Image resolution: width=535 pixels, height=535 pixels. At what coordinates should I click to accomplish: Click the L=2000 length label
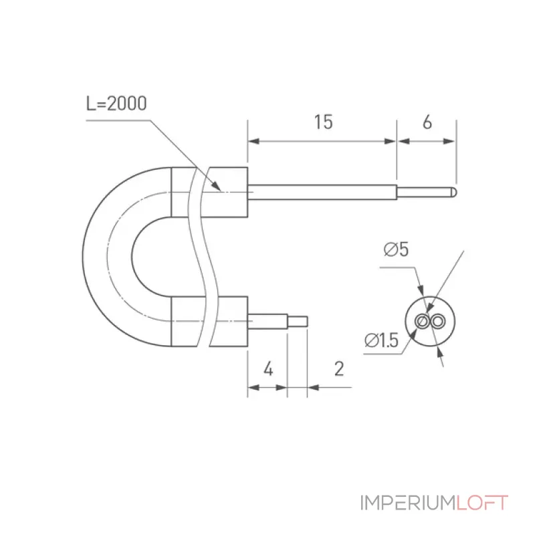pyautogui.click(x=116, y=104)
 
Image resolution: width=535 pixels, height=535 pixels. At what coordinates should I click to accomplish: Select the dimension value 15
pyautogui.click(x=323, y=122)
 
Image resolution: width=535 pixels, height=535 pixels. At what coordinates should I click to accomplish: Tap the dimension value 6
pyautogui.click(x=427, y=122)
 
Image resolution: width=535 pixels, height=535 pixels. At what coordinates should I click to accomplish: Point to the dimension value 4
pyautogui.click(x=269, y=369)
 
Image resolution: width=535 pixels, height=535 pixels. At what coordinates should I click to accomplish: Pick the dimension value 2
pyautogui.click(x=339, y=368)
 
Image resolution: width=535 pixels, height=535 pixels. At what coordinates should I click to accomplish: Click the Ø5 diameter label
pyautogui.click(x=396, y=249)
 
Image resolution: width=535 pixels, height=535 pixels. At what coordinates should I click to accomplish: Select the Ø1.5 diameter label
pyautogui.click(x=381, y=340)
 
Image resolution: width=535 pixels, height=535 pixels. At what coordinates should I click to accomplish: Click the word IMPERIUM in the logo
pyautogui.click(x=408, y=503)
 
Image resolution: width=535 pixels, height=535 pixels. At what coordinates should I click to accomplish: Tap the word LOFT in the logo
pyautogui.click(x=482, y=503)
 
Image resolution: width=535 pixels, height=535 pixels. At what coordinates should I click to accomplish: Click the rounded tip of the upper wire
pyautogui.click(x=454, y=192)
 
